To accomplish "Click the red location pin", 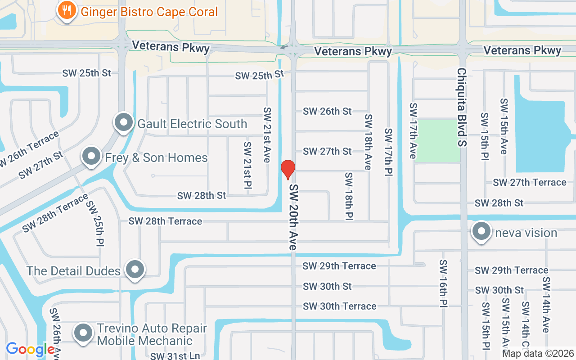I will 288,169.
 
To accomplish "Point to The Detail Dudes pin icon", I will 135,270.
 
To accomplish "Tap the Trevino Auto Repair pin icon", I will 83,333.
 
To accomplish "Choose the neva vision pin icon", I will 481,232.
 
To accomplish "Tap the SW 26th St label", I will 327,111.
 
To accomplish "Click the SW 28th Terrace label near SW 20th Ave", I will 165,221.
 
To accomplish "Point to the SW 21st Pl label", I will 247,168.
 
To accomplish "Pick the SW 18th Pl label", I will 349,196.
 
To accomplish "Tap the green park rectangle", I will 437,140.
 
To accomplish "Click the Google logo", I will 30,349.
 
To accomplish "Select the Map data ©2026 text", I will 538,354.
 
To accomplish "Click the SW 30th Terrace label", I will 339,306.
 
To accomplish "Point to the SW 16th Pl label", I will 443,283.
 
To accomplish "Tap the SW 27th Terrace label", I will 529,182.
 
